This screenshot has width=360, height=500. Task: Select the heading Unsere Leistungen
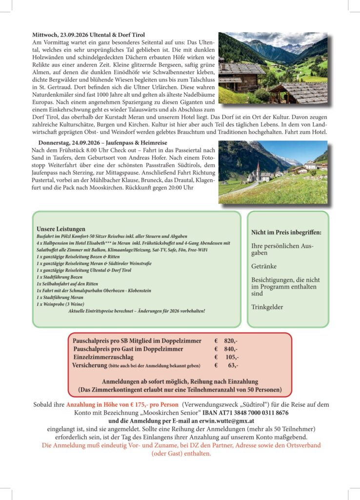(x=61, y=229)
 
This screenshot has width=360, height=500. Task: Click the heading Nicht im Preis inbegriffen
(x=283, y=232)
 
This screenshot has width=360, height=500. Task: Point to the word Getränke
(x=264, y=267)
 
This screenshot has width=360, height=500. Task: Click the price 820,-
(x=231, y=340)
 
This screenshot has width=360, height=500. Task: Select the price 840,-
(x=231, y=349)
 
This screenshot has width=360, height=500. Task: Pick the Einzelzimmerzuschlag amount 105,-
(x=232, y=357)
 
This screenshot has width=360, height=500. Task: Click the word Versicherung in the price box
(x=90, y=365)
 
